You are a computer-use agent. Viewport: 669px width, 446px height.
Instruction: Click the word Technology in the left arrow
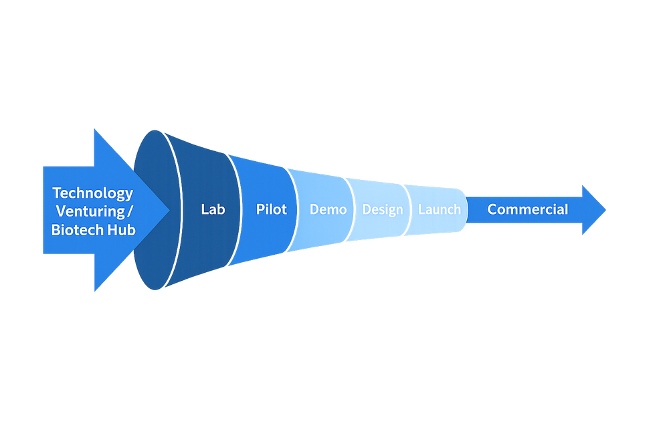click(93, 193)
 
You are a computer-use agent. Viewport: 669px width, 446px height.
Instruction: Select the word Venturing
click(90, 211)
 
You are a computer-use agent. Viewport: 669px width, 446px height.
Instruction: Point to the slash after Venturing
click(130, 212)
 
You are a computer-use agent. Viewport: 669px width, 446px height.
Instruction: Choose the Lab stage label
click(213, 209)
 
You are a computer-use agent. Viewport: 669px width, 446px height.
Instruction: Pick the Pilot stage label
click(271, 209)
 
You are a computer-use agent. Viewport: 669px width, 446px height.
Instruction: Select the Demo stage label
click(328, 209)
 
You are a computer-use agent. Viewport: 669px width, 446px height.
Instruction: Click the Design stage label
click(383, 209)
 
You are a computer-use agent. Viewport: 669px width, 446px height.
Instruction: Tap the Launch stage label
click(440, 209)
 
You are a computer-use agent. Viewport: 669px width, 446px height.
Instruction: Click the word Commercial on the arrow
click(527, 209)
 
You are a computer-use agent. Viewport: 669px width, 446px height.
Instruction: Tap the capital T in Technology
click(57, 193)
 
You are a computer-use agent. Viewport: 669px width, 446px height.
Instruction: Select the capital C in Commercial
click(492, 209)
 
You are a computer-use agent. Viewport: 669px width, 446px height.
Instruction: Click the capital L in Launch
click(421, 209)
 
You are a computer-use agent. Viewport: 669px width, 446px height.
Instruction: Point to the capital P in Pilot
click(260, 209)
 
